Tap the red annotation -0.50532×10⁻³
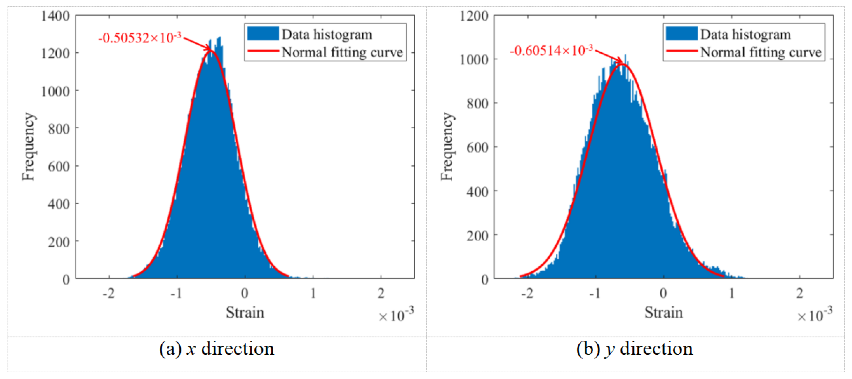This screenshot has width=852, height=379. (140, 38)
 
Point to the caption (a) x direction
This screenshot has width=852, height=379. (217, 349)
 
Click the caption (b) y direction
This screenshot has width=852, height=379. (634, 349)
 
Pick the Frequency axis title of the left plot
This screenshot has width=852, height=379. (29, 147)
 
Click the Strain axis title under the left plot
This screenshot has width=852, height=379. (245, 313)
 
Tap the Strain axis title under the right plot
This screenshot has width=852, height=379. (663, 313)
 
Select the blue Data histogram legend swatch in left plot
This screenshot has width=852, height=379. (263, 34)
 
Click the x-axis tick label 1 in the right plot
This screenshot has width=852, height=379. (732, 293)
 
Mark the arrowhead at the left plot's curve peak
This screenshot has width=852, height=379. (209, 50)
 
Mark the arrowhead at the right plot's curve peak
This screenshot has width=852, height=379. (620, 61)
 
